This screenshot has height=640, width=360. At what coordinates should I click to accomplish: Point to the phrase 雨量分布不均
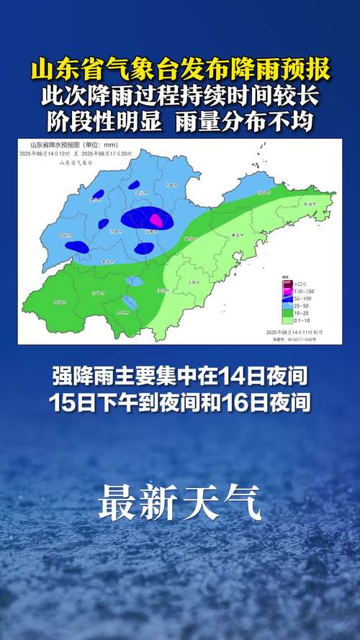(x=244, y=121)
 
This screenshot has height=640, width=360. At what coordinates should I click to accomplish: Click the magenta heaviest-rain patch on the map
(x=156, y=217)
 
